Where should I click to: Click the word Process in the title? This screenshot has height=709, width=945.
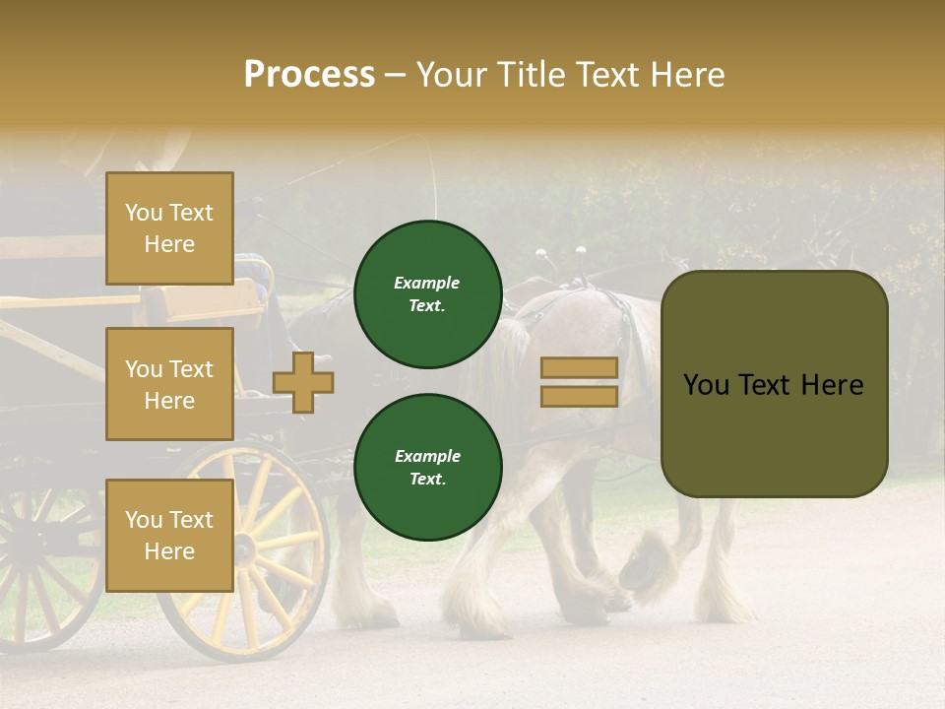(309, 75)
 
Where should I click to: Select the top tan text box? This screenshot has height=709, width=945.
(169, 228)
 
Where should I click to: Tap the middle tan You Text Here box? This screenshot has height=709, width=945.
(169, 384)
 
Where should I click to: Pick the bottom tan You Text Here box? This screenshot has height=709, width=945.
(169, 535)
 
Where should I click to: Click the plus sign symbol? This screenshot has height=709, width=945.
(303, 382)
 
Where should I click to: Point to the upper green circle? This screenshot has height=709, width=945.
(427, 294)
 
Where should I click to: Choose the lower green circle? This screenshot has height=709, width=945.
(427, 468)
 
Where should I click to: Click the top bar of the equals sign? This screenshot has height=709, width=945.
(579, 368)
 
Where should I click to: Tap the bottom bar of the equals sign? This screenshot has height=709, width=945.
(579, 396)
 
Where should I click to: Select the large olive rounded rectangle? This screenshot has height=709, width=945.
(774, 384)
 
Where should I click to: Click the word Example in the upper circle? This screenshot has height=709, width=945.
(426, 283)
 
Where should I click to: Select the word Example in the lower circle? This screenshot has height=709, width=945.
(426, 456)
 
